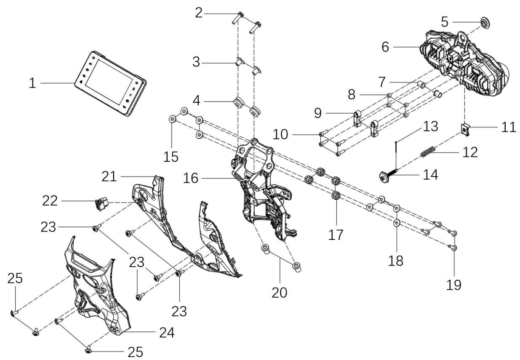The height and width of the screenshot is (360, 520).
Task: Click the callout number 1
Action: coord(32,83)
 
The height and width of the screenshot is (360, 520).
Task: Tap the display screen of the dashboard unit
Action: coord(109,82)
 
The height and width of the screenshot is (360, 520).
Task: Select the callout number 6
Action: coord(385,47)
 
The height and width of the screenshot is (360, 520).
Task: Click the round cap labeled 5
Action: coord(485,23)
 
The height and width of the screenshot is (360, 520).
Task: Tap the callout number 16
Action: coord(191,178)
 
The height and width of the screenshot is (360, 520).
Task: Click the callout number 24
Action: coord(167,333)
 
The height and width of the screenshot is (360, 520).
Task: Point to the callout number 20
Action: coord(279,292)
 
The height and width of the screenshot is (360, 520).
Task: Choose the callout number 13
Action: coord(430,126)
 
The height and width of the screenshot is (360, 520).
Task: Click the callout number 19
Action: coord(454,285)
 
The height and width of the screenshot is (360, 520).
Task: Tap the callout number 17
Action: coord(336,235)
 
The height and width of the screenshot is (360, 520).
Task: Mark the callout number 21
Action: coord(109,177)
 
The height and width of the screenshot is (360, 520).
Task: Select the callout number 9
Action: coord(318,113)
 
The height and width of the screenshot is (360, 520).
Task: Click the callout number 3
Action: coord(196,62)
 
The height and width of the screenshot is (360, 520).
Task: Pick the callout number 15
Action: coord(171,157)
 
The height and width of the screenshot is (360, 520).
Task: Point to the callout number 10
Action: coord(280,134)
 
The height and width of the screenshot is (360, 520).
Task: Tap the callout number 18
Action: coord(395,261)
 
